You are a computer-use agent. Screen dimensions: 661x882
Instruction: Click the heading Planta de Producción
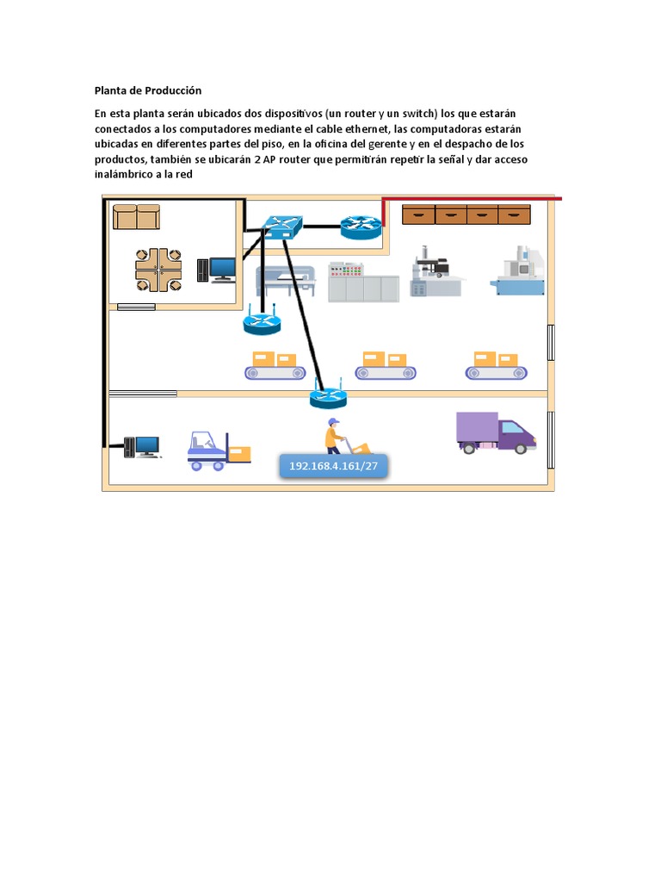point(147,90)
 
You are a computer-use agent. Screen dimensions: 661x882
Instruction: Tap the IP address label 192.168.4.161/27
point(334,465)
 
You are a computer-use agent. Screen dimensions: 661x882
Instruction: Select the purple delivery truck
point(495,432)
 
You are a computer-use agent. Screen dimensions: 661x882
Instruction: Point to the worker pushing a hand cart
point(342,437)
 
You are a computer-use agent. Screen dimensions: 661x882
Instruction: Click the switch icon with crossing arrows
point(283,226)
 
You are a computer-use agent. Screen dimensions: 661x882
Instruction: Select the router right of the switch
point(360,227)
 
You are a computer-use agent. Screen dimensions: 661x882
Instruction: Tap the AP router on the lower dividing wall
point(328,396)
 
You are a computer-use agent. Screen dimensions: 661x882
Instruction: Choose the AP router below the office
point(262,322)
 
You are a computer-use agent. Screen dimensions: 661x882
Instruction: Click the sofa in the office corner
point(137,216)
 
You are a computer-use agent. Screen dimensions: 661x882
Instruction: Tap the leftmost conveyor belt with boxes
point(275,366)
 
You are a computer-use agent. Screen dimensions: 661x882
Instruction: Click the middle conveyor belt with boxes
point(386,366)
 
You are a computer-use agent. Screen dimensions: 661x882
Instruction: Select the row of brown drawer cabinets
point(466,214)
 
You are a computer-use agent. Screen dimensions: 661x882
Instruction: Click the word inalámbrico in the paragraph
point(127,174)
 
